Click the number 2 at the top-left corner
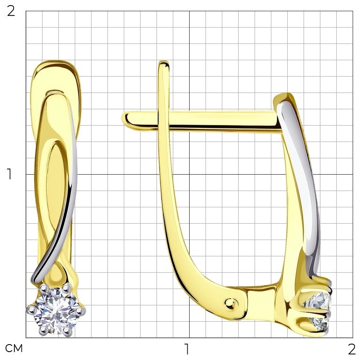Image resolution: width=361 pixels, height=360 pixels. pyautogui.click(x=11, y=11)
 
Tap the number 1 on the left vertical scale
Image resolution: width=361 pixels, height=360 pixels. pyautogui.click(x=9, y=174)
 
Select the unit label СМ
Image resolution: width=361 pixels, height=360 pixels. pyautogui.click(x=14, y=348)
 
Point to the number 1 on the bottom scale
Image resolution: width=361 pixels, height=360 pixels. pyautogui.click(x=187, y=349)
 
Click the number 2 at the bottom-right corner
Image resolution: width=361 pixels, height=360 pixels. pyautogui.click(x=352, y=349)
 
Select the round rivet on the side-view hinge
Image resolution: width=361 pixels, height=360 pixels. pyautogui.click(x=230, y=304)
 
